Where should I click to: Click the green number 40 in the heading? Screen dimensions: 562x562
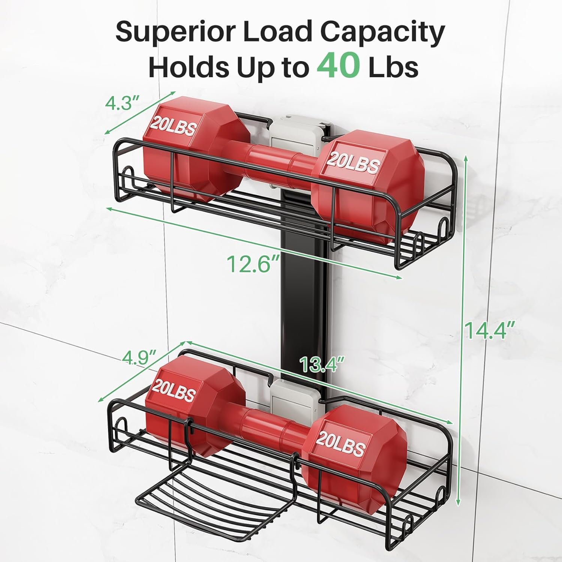[x=338, y=66]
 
